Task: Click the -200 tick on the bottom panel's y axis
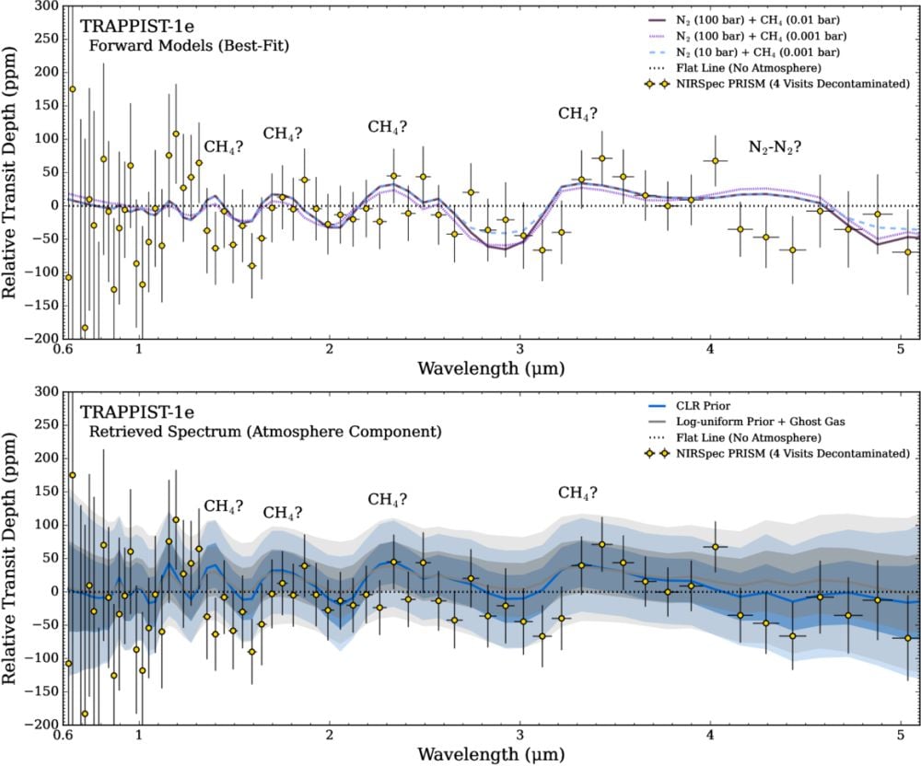[x=42, y=725]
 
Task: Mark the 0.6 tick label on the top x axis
[x=64, y=351]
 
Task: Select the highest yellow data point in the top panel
[x=73, y=89]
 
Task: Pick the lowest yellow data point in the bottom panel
[x=85, y=714]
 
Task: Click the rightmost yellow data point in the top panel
[x=908, y=251]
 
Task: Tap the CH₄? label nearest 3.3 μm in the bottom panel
[x=577, y=493]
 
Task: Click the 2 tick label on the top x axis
[x=329, y=351]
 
